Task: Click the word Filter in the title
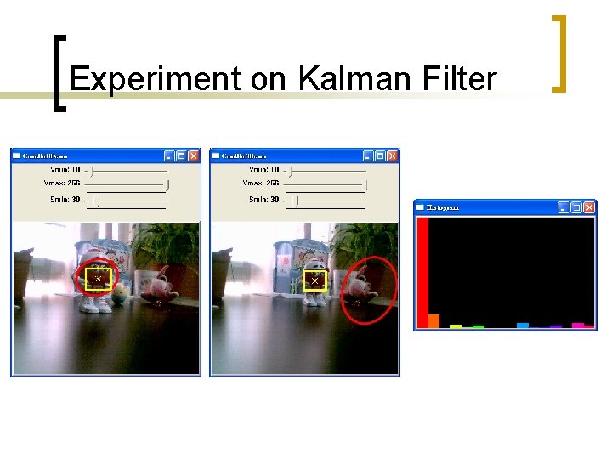[458, 79]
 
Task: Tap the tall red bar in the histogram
[422, 272]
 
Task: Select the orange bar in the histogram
[433, 321]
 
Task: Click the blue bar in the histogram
[523, 325]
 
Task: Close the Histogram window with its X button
[589, 207]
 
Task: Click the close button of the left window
[194, 156]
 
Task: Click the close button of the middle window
[392, 156]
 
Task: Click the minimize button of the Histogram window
[564, 207]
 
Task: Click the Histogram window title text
[443, 207]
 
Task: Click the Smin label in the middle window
[263, 200]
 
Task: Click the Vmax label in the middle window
[260, 184]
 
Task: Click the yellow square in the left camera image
[98, 279]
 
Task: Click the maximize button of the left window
[182, 156]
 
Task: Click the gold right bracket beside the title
[558, 53]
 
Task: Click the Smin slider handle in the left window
[99, 201]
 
